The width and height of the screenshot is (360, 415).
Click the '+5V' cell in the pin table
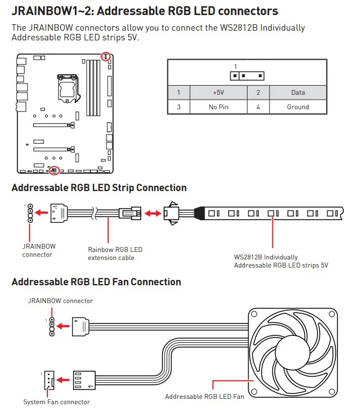218,93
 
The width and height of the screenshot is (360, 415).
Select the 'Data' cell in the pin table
298,93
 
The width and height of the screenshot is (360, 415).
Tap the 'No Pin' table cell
218,107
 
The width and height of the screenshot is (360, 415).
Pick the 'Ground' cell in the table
298,107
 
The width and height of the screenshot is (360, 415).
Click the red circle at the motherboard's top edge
106,56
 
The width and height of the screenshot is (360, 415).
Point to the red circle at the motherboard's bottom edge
53,170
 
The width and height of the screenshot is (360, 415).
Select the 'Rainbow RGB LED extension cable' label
115,254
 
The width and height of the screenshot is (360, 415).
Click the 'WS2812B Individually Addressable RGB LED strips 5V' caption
281,261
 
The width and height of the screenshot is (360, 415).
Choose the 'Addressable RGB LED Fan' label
204,397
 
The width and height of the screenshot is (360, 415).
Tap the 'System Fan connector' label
57,402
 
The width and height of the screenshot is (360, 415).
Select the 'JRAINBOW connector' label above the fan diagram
60,301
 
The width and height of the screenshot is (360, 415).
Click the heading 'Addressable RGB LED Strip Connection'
99,188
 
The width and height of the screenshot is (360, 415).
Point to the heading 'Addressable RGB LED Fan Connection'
96,282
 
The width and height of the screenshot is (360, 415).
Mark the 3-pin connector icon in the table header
244,75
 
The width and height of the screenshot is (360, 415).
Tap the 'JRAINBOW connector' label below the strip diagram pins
38,250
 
